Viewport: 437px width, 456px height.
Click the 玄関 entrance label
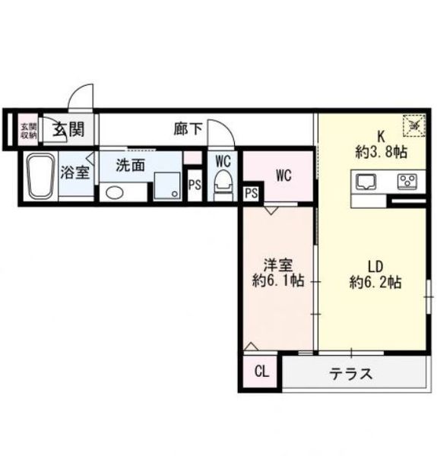[68, 129]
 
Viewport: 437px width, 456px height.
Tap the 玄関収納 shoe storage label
[28, 130]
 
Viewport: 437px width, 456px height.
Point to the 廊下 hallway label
[187, 128]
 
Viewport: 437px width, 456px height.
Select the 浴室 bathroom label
[75, 172]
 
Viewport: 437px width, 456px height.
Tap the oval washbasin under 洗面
[115, 192]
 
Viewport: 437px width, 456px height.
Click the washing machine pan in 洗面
[167, 185]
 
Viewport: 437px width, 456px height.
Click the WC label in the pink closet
[283, 176]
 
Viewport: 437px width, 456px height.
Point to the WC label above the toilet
[223, 161]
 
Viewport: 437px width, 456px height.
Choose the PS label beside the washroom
[195, 185]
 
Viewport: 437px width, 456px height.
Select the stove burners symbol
[407, 182]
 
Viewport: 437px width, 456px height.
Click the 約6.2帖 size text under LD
[375, 282]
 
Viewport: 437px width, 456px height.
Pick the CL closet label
[261, 372]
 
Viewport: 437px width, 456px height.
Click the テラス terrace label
[350, 374]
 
